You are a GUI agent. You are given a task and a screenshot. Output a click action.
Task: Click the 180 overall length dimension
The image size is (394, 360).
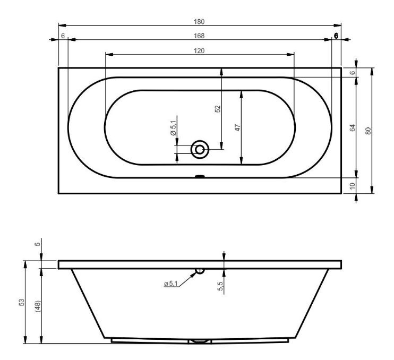pyautogui.click(x=199, y=22)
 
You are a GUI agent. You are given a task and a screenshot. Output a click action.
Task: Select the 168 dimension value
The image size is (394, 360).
pyautogui.click(x=199, y=36)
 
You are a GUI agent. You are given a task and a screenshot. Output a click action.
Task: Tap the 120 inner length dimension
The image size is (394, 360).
pyautogui.click(x=199, y=51)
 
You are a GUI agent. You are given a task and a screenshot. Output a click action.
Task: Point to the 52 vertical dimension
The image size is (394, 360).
pyautogui.click(x=218, y=109)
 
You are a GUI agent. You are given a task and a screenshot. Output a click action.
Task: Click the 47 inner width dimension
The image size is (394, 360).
pyautogui.click(x=238, y=127)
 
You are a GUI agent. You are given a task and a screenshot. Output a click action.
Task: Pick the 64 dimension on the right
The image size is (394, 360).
pyautogui.click(x=352, y=127)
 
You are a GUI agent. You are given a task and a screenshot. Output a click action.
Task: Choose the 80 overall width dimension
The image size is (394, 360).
pyautogui.click(x=368, y=131)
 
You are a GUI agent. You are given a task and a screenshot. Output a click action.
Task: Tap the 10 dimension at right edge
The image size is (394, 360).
pyautogui.click(x=352, y=186)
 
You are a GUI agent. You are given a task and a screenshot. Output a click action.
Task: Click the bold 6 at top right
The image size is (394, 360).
pyautogui.click(x=336, y=36)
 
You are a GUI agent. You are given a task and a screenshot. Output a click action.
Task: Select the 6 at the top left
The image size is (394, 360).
pyautogui.click(x=63, y=36)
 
